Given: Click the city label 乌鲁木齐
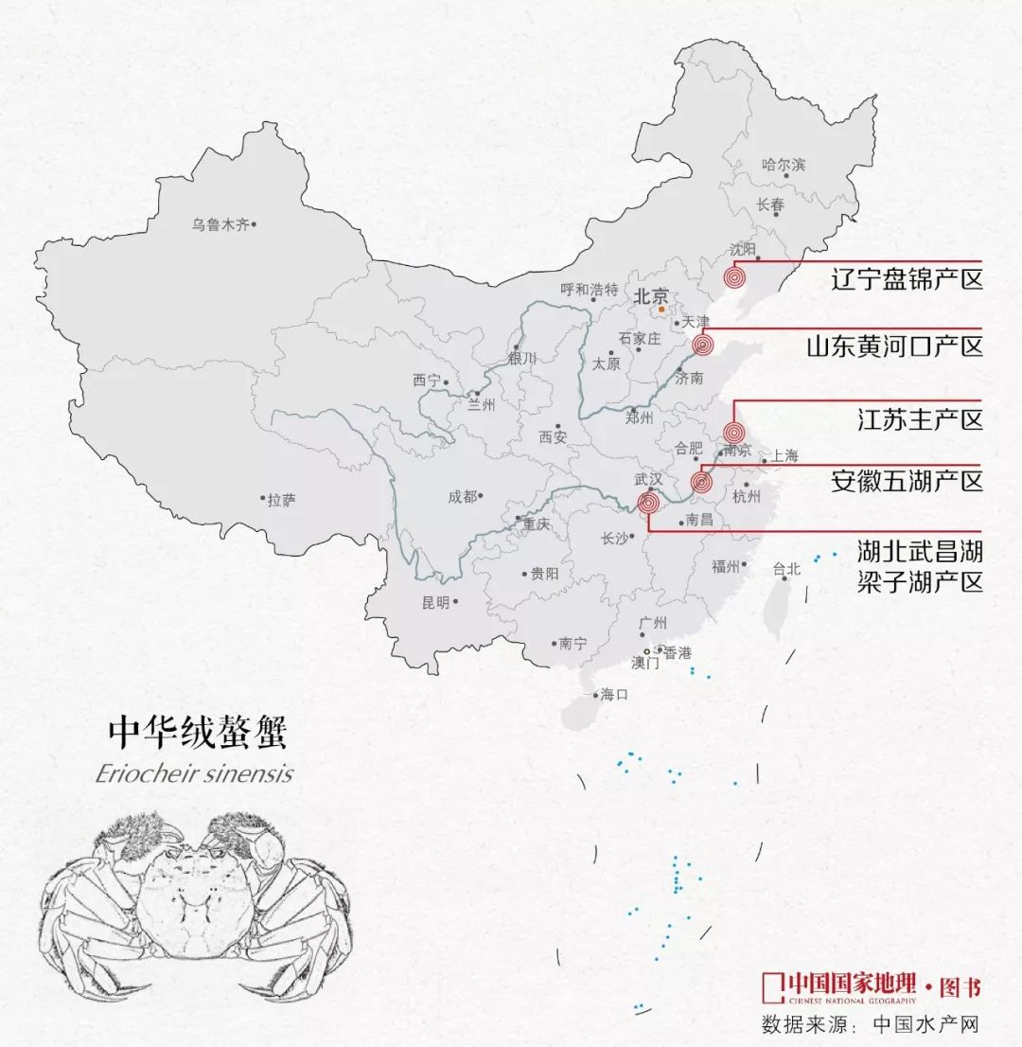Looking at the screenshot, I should click(x=220, y=224).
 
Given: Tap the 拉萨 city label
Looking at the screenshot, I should click(x=281, y=500).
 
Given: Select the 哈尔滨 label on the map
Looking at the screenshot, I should click(x=784, y=165).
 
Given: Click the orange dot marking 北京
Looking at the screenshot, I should click(x=661, y=309).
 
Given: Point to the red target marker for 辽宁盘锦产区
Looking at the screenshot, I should click(x=734, y=278).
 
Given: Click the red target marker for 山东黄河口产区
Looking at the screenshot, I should click(x=703, y=346).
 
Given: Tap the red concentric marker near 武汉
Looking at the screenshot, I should click(x=648, y=504).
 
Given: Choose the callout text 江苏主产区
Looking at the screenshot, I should click(x=907, y=418).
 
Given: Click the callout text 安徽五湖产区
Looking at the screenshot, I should click(x=907, y=481).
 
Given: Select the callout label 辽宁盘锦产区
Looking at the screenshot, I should click(x=907, y=280).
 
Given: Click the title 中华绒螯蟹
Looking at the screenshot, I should click(x=196, y=733).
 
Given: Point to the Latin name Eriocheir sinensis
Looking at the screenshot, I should click(x=194, y=773).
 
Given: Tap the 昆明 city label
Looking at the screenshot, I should click(x=435, y=602).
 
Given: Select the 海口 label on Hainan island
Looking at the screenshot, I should click(x=614, y=694).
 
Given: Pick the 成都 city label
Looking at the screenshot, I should click(x=463, y=495).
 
